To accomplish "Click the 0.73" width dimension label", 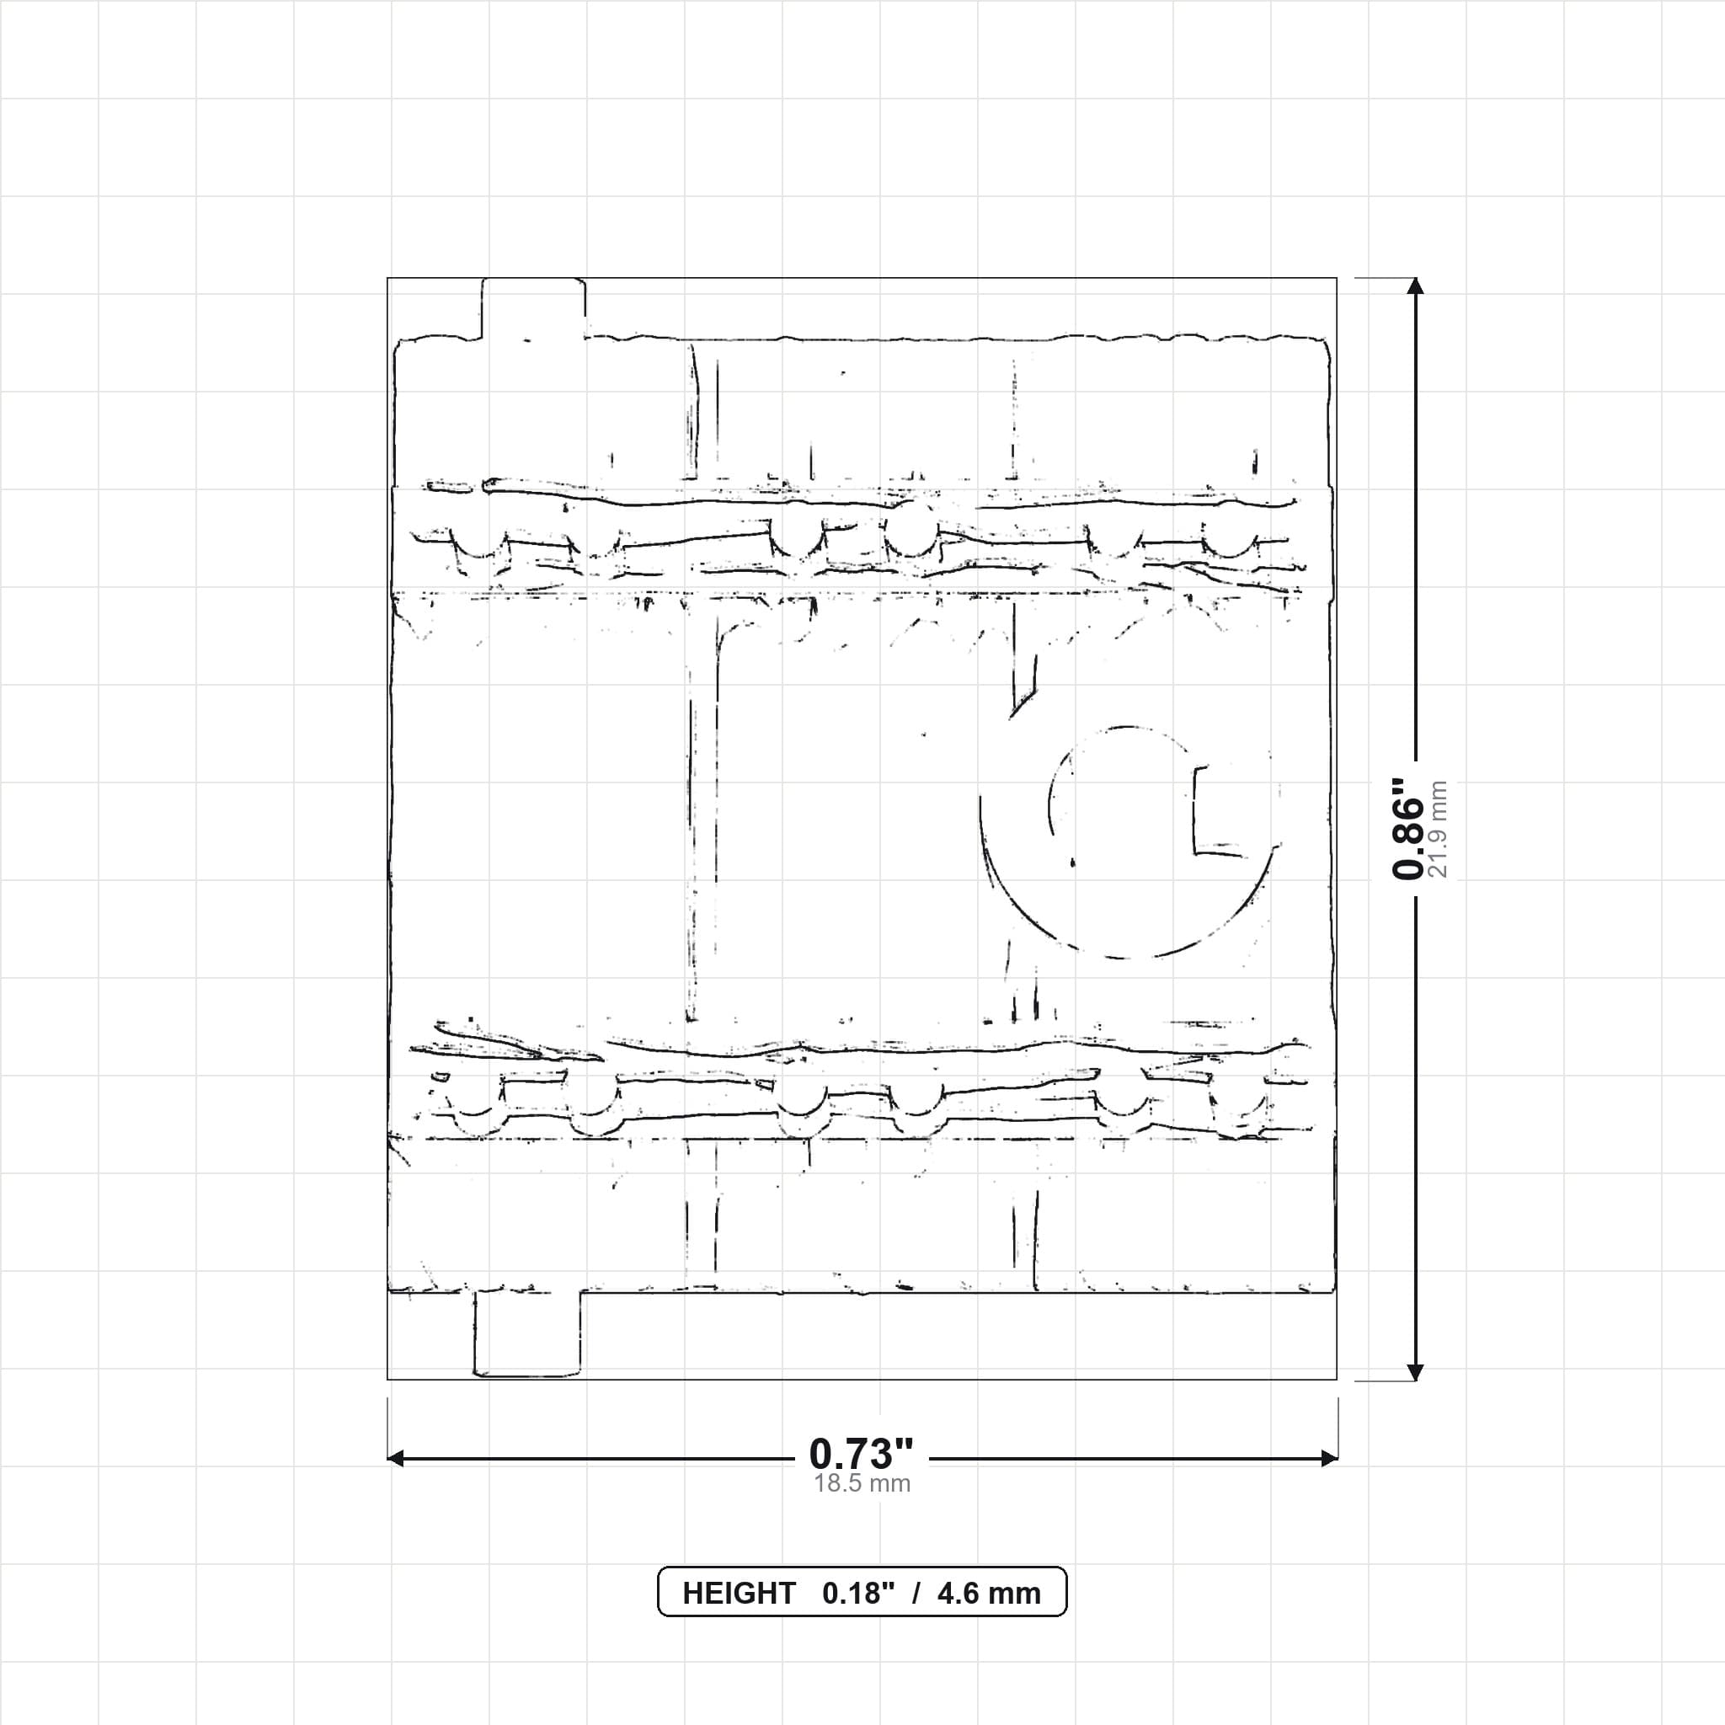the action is [x=862, y=1455].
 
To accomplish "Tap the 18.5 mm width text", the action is [x=862, y=1484].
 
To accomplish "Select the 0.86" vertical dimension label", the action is [x=1409, y=828].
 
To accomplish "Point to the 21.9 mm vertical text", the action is [x=1439, y=829].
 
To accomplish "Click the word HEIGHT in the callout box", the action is [x=739, y=1594].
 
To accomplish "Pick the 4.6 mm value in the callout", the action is [x=990, y=1594].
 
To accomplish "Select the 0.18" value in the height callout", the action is [x=858, y=1594].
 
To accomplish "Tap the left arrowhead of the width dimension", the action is [x=396, y=1459].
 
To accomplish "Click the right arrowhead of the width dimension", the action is [x=1328, y=1459].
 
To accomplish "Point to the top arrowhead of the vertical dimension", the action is [x=1414, y=286].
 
